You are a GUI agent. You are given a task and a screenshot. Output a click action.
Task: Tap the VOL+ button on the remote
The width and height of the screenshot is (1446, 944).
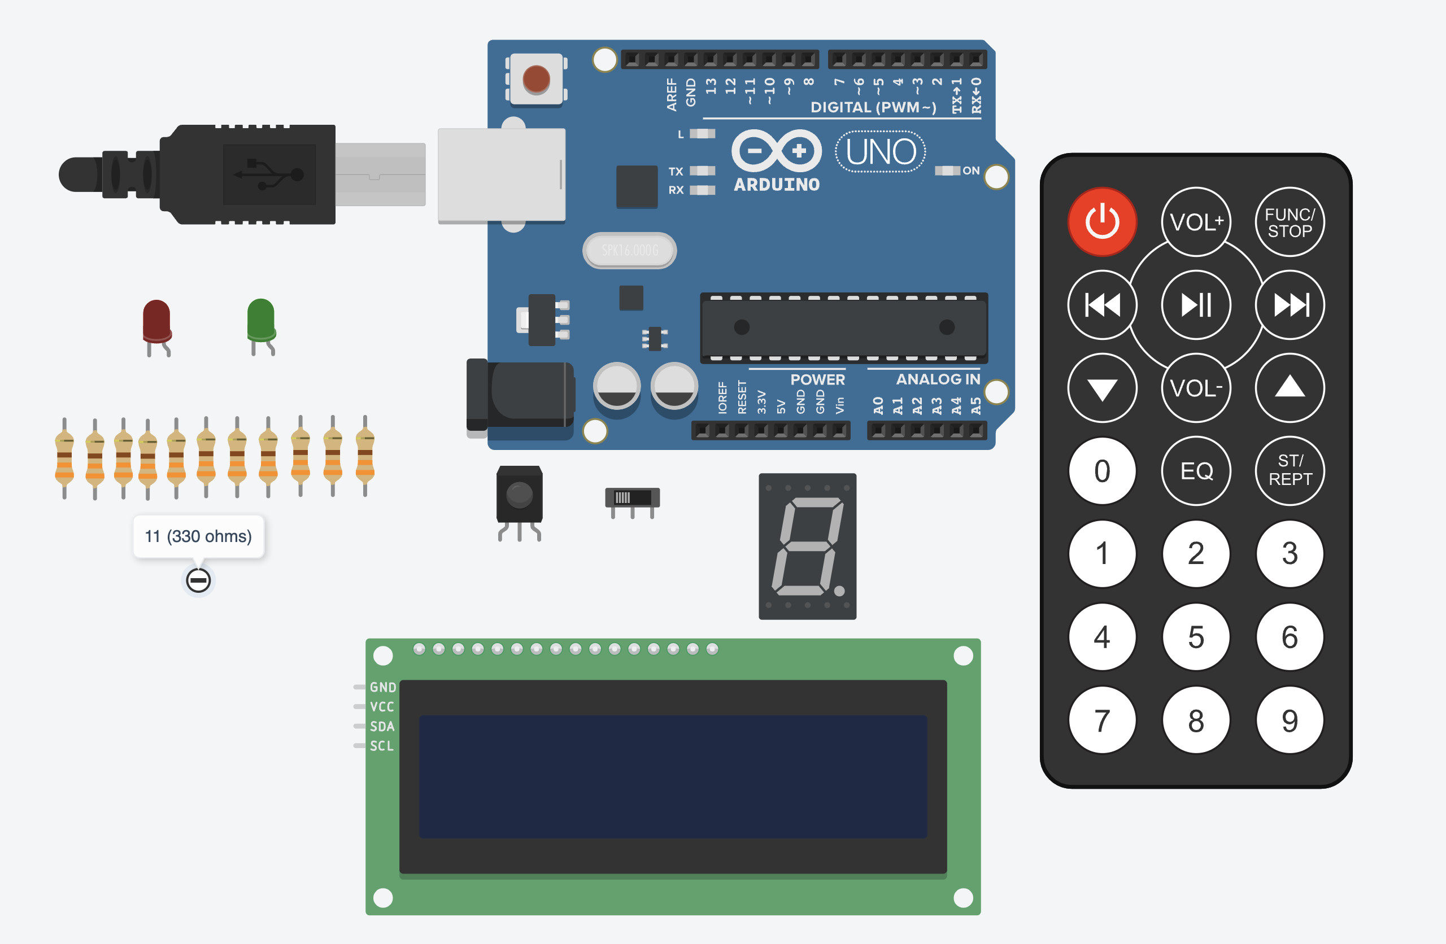(1196, 222)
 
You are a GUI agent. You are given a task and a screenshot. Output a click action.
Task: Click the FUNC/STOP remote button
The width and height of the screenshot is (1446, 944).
(1289, 222)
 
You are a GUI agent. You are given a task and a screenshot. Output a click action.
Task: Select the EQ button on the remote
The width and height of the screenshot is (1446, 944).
(1196, 471)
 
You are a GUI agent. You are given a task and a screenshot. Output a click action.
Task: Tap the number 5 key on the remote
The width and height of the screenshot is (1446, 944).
(1196, 637)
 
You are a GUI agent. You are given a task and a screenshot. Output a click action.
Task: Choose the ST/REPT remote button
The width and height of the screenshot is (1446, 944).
(1289, 471)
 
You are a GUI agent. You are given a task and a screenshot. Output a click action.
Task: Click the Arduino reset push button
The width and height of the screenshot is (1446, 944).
(536, 80)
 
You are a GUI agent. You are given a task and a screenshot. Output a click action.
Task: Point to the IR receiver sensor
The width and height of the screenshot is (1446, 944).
(520, 495)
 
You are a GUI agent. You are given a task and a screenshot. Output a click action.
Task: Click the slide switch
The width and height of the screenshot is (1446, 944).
(632, 498)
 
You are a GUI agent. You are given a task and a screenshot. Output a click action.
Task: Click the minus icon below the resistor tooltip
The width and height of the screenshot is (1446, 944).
(198, 580)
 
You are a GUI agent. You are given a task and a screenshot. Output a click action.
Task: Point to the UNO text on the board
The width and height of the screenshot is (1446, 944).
(881, 152)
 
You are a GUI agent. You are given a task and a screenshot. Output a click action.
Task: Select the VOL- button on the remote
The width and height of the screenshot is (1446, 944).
(1196, 387)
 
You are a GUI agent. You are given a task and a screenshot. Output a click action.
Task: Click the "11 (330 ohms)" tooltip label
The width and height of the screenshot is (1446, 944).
(198, 536)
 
